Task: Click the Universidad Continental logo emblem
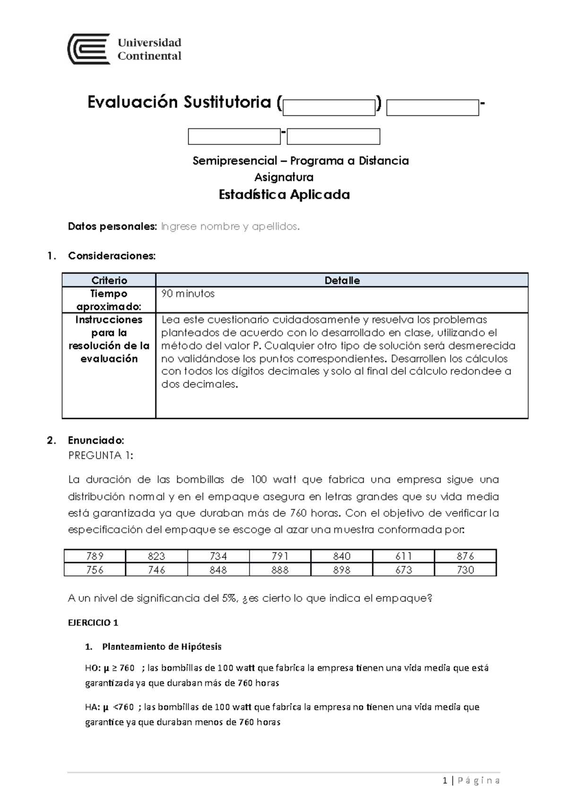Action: coord(89,49)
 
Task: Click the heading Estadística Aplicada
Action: coord(284,195)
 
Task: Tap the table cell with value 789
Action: coord(94,556)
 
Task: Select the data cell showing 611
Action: coord(404,556)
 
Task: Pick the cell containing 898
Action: coord(342,570)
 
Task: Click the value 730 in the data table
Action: coord(465,570)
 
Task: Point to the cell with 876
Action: coord(465,556)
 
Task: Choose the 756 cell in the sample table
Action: coord(94,570)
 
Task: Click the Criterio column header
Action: coord(109,281)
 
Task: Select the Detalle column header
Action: coord(342,281)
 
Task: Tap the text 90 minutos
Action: coord(188,294)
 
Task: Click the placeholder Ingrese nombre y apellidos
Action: coord(230,227)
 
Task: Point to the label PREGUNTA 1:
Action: coord(101,456)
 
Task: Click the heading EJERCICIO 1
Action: coord(93,623)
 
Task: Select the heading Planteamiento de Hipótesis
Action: coord(162,647)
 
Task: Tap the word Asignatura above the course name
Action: coord(283,178)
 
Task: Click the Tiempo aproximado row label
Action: coord(109,300)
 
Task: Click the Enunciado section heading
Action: coord(96,441)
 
